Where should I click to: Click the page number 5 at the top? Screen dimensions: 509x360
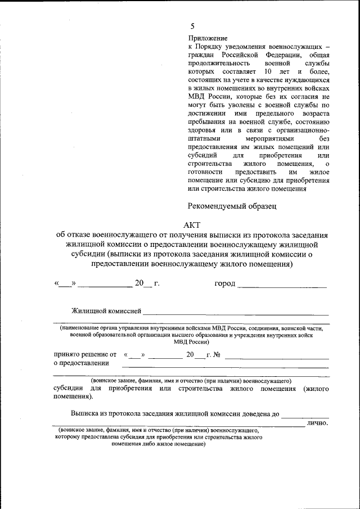click(x=192, y=26)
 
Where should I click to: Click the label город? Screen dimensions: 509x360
click(x=225, y=283)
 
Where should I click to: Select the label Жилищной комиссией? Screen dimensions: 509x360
click(x=105, y=310)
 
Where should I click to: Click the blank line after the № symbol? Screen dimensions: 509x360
click(x=276, y=358)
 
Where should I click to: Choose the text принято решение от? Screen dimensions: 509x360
click(x=84, y=355)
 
